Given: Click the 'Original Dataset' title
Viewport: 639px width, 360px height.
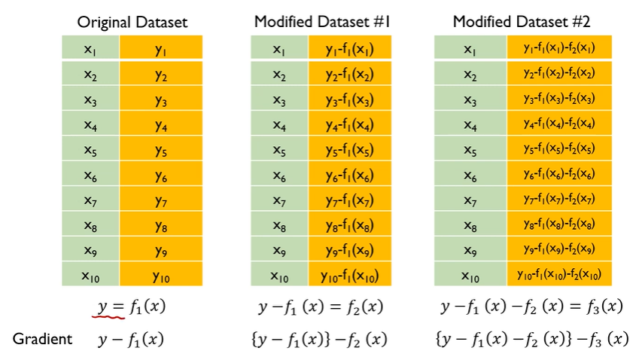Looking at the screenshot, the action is tap(132, 22).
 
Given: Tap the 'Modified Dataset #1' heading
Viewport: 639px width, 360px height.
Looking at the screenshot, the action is tap(322, 22).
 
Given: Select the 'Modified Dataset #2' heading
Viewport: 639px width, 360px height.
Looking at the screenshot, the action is tap(522, 22).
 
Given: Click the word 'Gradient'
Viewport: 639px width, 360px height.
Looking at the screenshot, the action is tap(42, 339).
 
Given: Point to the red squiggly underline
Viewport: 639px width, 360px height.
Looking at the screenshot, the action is tap(108, 315).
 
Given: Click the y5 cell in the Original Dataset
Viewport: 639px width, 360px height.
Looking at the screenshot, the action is tap(161, 148).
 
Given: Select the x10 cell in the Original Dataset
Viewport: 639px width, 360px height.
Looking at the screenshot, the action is tap(90, 274).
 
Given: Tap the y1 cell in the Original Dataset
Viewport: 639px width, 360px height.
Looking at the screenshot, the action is tap(161, 47).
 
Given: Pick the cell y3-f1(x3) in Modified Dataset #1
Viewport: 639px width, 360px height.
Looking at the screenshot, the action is tap(350, 98).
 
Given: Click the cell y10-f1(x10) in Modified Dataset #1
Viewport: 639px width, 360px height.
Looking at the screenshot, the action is tap(350, 274).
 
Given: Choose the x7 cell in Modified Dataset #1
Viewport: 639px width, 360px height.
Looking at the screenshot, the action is tap(279, 199).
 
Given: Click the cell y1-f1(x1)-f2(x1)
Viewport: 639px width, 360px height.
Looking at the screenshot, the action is tap(559, 47).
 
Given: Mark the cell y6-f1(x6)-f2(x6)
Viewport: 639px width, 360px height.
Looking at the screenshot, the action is tap(559, 174).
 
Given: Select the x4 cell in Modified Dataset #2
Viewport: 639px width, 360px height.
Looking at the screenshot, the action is tap(470, 123).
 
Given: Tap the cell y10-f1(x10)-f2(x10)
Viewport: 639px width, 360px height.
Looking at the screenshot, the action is tap(559, 274).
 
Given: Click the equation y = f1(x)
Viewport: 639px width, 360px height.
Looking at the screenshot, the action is tap(132, 307).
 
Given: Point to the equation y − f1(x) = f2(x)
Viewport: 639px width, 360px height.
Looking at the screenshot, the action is tap(321, 307).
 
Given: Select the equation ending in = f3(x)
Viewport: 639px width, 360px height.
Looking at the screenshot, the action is tap(531, 307).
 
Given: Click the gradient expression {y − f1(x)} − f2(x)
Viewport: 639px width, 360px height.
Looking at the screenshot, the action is tap(319, 339).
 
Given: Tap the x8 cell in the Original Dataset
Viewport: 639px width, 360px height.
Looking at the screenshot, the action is tap(90, 224).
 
